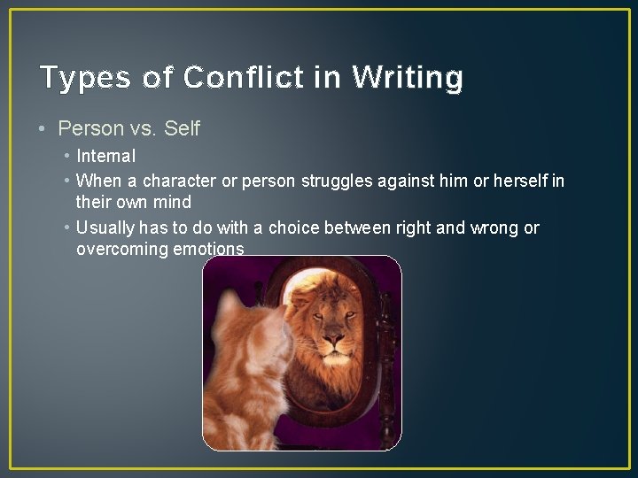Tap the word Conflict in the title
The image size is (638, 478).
point(230,78)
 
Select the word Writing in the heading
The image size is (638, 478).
point(407,78)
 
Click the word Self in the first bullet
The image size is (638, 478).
point(183,128)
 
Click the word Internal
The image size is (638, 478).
point(106,157)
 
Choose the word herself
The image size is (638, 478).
point(516,181)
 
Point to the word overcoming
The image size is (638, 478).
point(120,250)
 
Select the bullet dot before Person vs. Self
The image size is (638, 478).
point(43,128)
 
